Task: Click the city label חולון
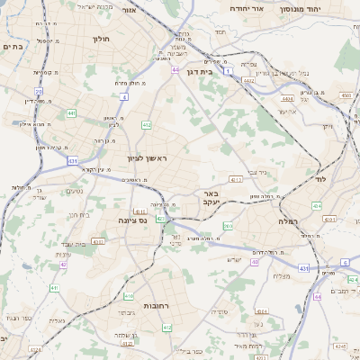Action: [100, 39]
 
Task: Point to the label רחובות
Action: [157, 306]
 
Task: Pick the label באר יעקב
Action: [206, 198]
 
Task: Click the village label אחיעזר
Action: [287, 111]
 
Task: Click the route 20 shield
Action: [39, 92]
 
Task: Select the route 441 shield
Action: [71, 114]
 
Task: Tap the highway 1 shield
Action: [229, 69]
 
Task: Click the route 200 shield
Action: [228, 226]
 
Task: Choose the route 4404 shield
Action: [286, 99]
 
